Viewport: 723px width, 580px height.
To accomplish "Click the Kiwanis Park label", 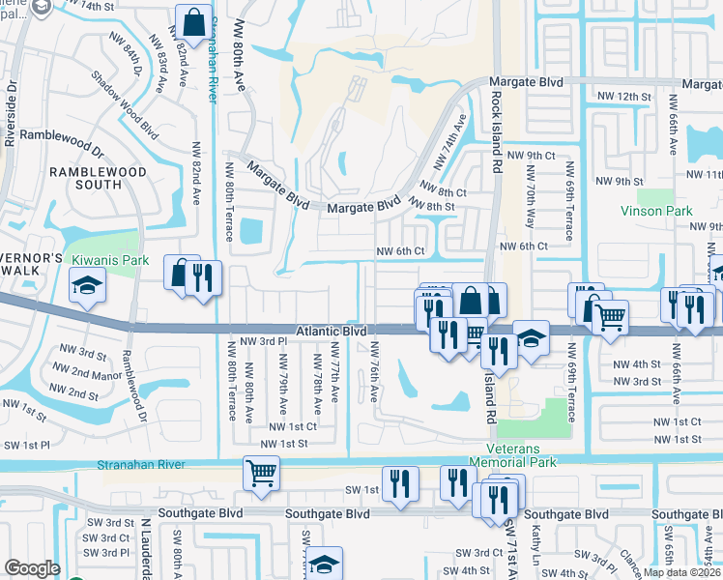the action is pos(108,260).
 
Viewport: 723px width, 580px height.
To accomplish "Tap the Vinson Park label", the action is pos(658,210).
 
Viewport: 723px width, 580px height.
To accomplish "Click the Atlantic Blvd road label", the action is pos(332,331).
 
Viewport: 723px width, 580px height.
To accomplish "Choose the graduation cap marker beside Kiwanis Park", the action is pos(86,286).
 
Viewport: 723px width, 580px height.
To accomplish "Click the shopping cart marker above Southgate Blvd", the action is pos(261,474).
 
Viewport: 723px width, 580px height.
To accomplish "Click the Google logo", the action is pos(32,568).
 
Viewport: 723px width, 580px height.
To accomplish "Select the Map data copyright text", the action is pos(682,572).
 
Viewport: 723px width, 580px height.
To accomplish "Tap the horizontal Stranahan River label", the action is pos(141,465).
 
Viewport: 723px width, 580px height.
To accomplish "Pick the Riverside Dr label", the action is pos(12,113).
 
